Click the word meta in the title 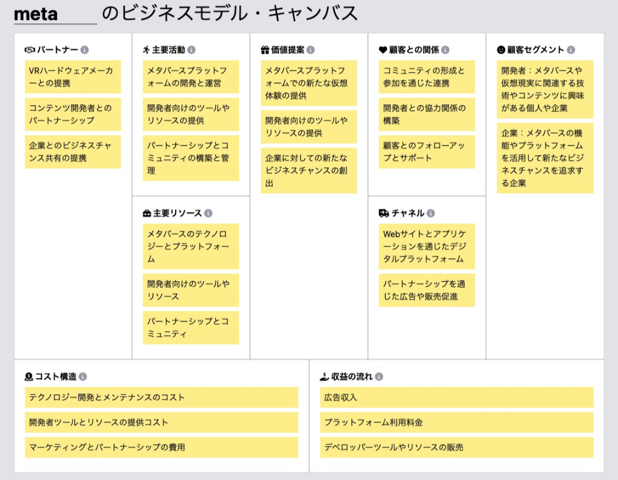pos(36,14)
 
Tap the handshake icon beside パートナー pos(30,50)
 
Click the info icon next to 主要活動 pos(192,50)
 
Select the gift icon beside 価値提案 pos(265,50)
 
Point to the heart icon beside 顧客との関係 pos(383,50)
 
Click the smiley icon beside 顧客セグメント pos(501,50)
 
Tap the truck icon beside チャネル pos(383,214)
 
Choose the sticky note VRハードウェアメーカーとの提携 pos(73,77)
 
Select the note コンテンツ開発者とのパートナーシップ pos(73,115)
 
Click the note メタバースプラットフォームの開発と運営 pos(191,77)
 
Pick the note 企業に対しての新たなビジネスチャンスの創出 pos(309,170)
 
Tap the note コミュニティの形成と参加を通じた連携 pos(427,77)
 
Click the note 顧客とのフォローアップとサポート pos(427,152)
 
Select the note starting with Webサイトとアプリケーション pos(427,246)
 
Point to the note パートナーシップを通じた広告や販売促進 pos(427,290)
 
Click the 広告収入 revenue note pos(457,397)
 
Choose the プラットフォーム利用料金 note pos(457,422)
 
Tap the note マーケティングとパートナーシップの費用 pos(161,447)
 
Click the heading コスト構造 pos(56,377)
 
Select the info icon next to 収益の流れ pos(379,377)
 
